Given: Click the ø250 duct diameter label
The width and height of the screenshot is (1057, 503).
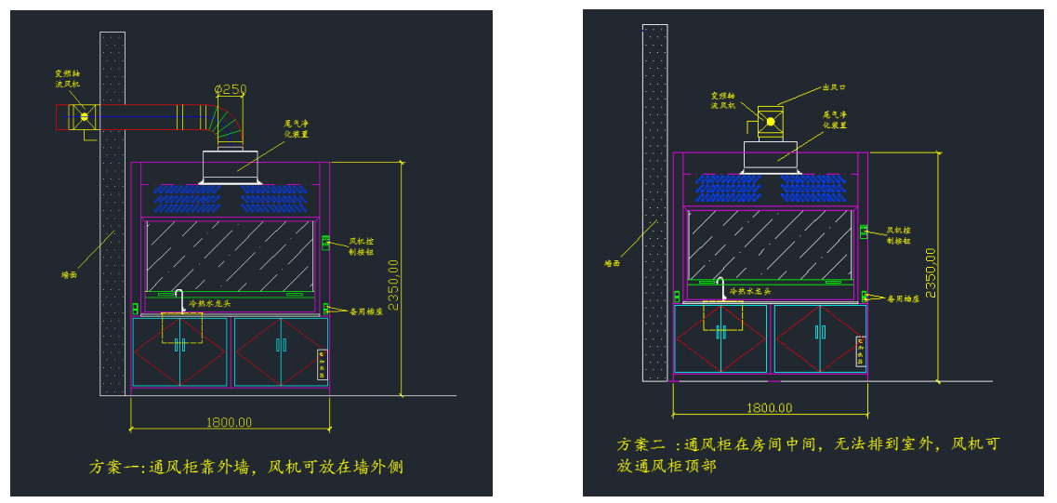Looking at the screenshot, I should (231, 89).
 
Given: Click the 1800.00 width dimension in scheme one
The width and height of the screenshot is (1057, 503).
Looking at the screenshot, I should (228, 421).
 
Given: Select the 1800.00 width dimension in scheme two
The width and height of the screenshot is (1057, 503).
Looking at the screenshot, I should (769, 407).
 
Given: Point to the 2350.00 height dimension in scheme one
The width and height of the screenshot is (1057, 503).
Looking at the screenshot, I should (394, 285).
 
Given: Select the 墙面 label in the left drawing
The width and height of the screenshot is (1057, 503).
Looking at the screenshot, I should (70, 274).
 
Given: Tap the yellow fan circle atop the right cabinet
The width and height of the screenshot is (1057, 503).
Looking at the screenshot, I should (769, 122).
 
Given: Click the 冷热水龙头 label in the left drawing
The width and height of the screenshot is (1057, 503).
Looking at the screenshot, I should (209, 303).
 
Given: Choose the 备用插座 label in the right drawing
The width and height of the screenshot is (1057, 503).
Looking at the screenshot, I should (903, 298).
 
